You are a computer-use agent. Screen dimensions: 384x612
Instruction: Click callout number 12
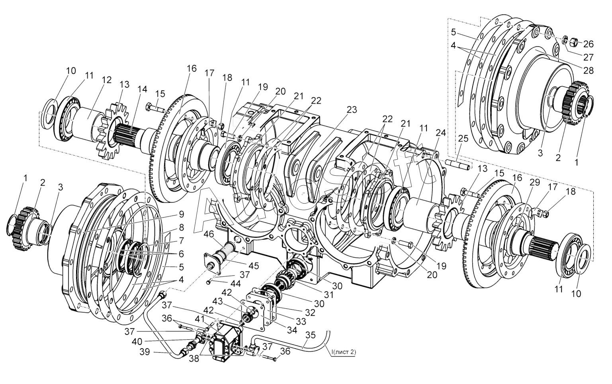tap(95, 80)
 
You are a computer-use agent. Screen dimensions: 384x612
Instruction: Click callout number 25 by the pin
tap(463, 139)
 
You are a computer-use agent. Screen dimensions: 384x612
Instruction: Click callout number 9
tap(181, 214)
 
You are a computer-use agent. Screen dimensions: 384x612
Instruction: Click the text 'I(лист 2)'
tap(344, 352)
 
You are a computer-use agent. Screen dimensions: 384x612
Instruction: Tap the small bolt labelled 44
tap(209, 283)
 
